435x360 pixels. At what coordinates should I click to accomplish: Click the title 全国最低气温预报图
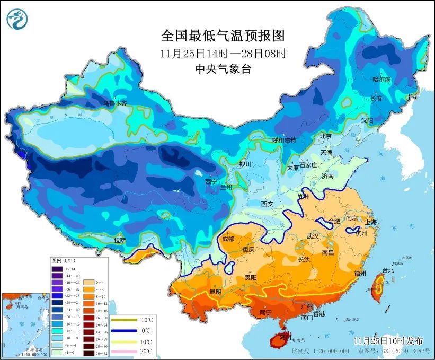223,36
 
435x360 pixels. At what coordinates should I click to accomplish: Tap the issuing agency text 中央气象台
223,68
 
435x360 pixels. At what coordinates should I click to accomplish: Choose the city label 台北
388,270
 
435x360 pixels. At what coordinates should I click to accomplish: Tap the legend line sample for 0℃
123,331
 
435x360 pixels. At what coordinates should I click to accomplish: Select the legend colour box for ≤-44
57,269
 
